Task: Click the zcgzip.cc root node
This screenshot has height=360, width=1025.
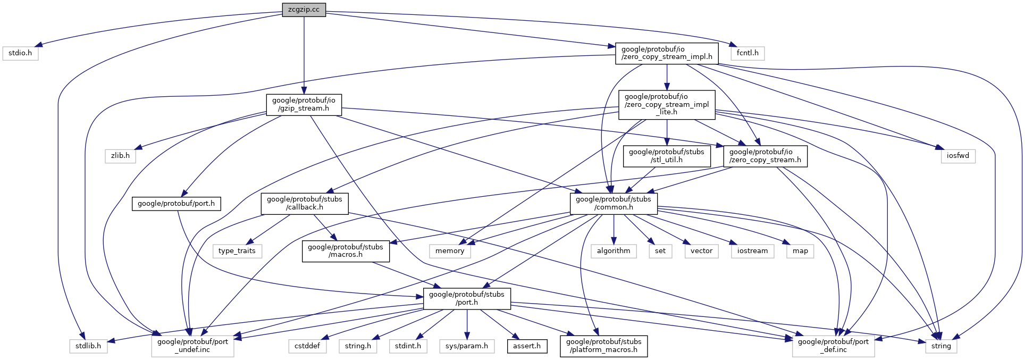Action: pyautogui.click(x=304, y=10)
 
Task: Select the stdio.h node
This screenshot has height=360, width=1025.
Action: pyautogui.click(x=20, y=53)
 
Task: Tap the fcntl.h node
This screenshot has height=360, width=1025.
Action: pyautogui.click(x=747, y=53)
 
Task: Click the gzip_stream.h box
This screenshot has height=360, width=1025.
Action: pyautogui.click(x=304, y=104)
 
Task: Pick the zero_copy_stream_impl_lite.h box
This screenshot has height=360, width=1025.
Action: pyautogui.click(x=667, y=104)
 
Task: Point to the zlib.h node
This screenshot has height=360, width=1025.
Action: pyautogui.click(x=120, y=156)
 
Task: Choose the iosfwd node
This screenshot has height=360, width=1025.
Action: pyautogui.click(x=958, y=156)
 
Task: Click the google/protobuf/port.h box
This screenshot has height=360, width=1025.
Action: pyautogui.click(x=176, y=204)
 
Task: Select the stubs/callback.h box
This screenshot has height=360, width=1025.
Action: pyautogui.click(x=305, y=203)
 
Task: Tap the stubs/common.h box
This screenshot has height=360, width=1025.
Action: pyautogui.click(x=614, y=203)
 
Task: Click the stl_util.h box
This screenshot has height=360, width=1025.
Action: pyautogui.click(x=667, y=156)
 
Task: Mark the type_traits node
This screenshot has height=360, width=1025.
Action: pyautogui.click(x=237, y=251)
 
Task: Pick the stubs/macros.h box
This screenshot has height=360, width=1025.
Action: pyautogui.click(x=346, y=251)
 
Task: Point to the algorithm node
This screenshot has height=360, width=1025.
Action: pyautogui.click(x=614, y=251)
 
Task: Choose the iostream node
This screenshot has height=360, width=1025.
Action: pyautogui.click(x=752, y=251)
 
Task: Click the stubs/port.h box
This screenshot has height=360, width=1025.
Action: pyautogui.click(x=467, y=298)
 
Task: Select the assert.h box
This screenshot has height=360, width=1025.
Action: pyautogui.click(x=527, y=346)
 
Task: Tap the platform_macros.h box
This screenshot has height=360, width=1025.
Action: pyautogui.click(x=603, y=346)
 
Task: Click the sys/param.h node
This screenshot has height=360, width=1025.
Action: pyautogui.click(x=467, y=346)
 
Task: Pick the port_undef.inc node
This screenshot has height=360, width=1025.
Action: pyautogui.click(x=192, y=346)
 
